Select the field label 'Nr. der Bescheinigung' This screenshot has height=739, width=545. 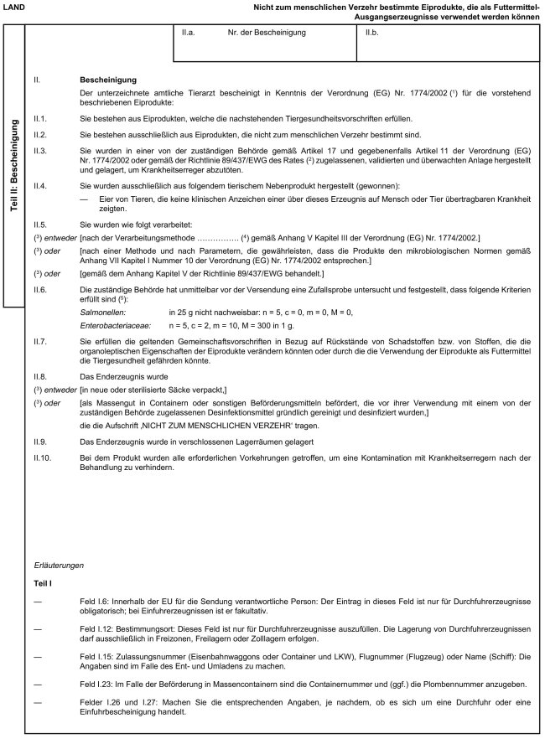click(x=267, y=33)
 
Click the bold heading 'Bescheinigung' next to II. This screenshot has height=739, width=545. click(x=104, y=80)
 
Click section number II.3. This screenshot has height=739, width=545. click(x=40, y=147)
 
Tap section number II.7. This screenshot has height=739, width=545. click(x=40, y=341)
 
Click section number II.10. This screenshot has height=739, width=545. click(x=43, y=457)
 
